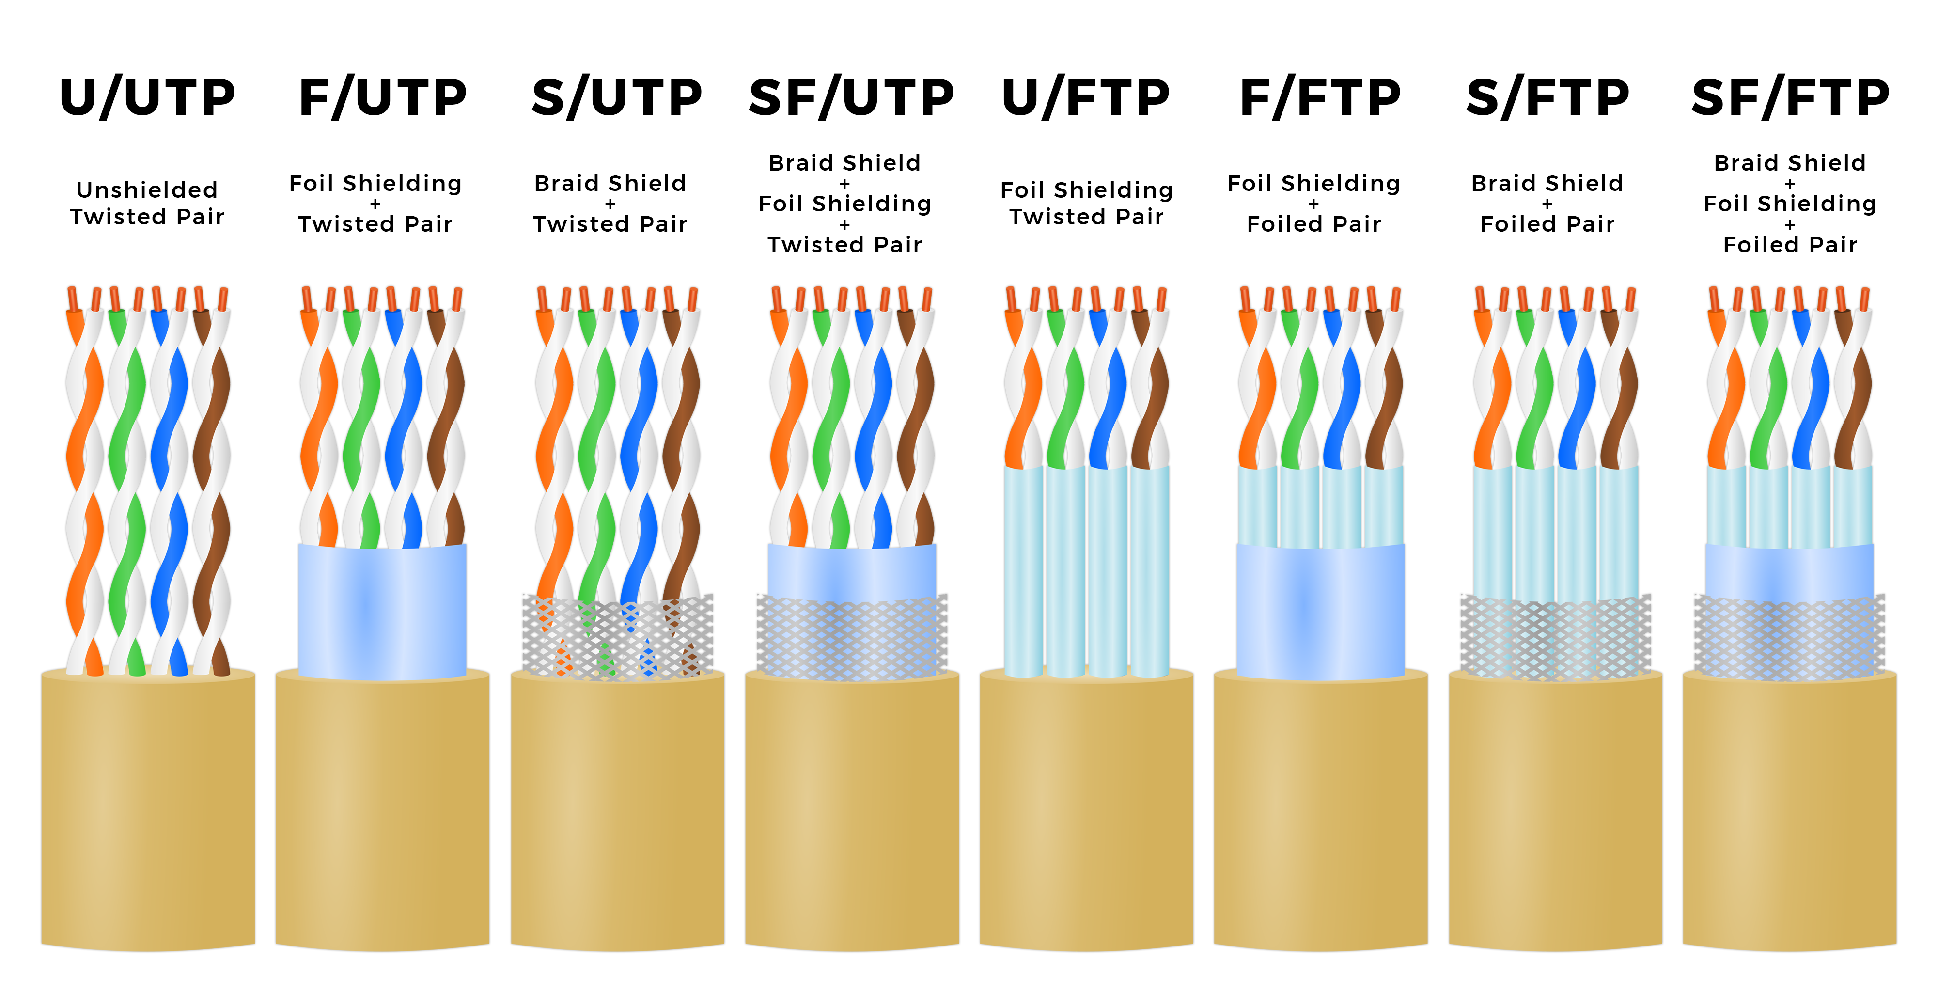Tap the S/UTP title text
[x=617, y=98]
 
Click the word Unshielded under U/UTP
[x=147, y=189]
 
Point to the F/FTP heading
[x=1320, y=98]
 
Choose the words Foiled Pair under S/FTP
[x=1547, y=224]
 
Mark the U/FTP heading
[x=1086, y=98]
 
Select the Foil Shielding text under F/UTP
[x=375, y=183]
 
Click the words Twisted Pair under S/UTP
[x=610, y=224]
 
